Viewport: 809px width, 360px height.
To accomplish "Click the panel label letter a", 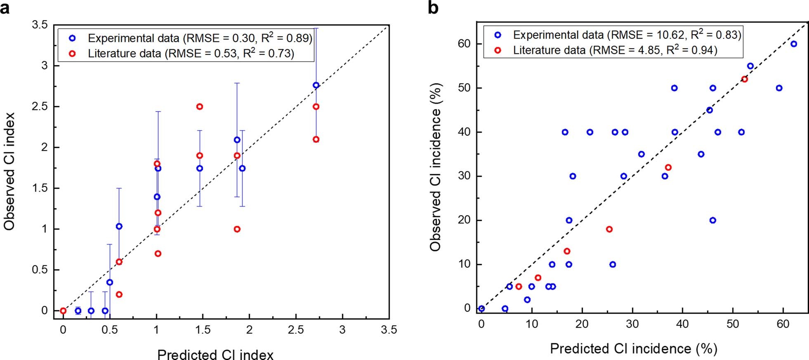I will (x=5, y=7).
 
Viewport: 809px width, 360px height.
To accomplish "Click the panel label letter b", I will (x=433, y=7).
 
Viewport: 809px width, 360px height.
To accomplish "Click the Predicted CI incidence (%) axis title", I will (x=633, y=349).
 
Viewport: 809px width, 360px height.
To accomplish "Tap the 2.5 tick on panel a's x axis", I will (x=296, y=330).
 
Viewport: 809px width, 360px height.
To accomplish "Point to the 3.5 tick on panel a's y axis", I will (x=39, y=25).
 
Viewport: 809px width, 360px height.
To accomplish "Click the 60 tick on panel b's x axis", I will (x=783, y=324).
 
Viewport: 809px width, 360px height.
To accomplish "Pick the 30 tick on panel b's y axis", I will (x=464, y=176).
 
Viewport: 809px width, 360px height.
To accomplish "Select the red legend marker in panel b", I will (x=498, y=50).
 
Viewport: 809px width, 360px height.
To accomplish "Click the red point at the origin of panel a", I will (x=63, y=311).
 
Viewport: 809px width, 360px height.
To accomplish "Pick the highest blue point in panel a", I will (x=316, y=85).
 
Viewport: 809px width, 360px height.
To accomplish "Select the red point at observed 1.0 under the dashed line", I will (x=237, y=229).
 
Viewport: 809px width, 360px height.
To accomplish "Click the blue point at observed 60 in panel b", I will (x=793, y=44).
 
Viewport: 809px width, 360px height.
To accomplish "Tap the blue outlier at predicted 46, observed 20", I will (x=712, y=220).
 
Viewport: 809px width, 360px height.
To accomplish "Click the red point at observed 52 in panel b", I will (x=744, y=79).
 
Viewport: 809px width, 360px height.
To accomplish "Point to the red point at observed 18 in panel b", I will (x=609, y=229).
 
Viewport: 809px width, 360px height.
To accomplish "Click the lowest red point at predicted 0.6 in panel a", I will (x=119, y=294).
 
